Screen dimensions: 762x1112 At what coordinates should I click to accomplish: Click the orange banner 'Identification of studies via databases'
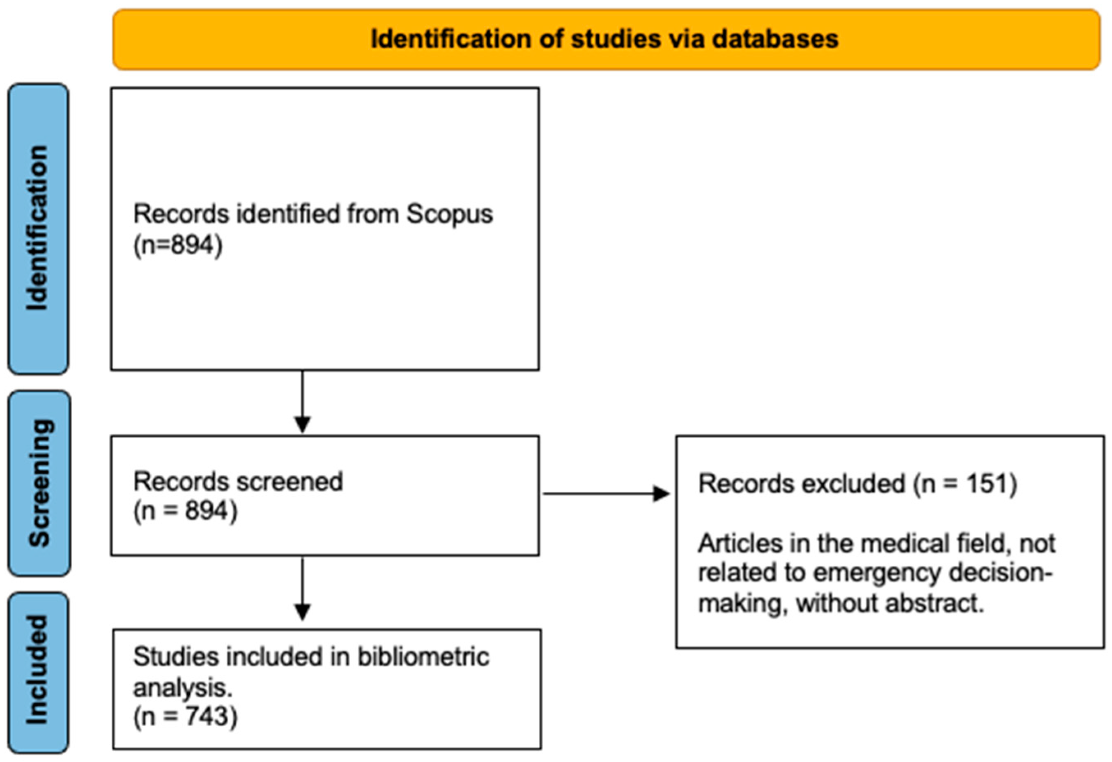point(605,39)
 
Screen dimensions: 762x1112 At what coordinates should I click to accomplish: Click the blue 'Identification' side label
point(38,228)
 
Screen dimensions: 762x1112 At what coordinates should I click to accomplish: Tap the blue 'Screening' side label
point(39,483)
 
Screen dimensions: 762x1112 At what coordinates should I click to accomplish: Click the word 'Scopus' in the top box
point(449,214)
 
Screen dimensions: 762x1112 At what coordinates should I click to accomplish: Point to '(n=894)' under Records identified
point(177,246)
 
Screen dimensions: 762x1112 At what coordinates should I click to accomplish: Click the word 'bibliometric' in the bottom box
point(423,657)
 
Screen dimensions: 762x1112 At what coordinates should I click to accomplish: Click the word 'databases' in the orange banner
point(775,39)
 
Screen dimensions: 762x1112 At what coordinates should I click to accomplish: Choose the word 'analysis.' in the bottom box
point(182,688)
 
